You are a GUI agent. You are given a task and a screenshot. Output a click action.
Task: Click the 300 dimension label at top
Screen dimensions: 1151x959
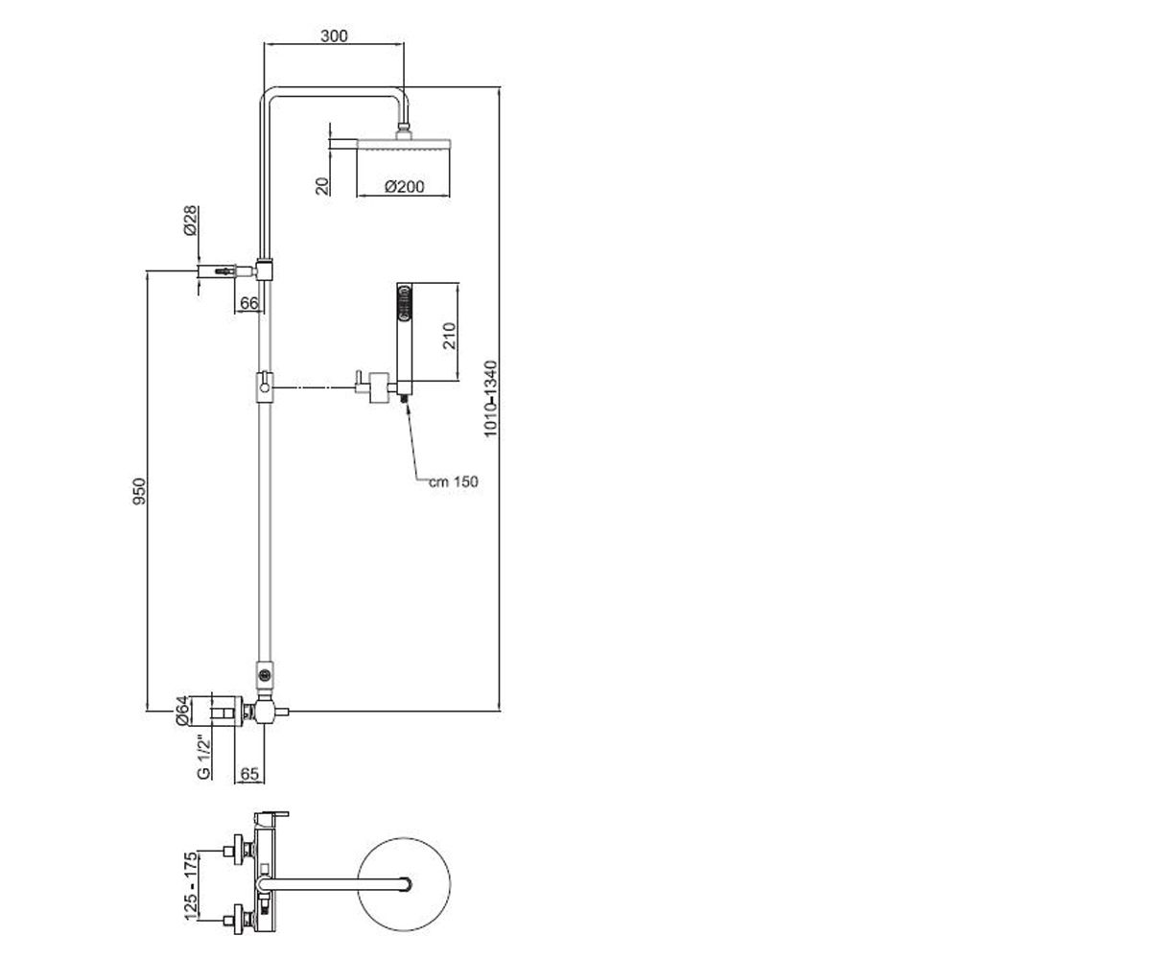pyautogui.click(x=334, y=35)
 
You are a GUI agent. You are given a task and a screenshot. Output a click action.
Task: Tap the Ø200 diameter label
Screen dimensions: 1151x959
pyautogui.click(x=405, y=186)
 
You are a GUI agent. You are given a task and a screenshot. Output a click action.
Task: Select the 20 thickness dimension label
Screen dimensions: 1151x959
pyautogui.click(x=323, y=185)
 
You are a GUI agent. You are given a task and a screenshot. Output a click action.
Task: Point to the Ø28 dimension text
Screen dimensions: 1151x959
pyautogui.click(x=190, y=221)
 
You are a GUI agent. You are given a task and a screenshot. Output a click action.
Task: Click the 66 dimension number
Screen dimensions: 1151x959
pyautogui.click(x=249, y=303)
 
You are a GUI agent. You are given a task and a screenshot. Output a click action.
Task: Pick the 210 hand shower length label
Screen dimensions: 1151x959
pyautogui.click(x=450, y=335)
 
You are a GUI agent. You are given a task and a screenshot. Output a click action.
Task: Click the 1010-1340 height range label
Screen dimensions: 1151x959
pyautogui.click(x=490, y=399)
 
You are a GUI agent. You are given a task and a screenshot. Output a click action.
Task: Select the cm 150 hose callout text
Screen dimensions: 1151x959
pyautogui.click(x=453, y=481)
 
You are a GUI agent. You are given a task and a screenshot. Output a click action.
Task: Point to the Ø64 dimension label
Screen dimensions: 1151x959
pyautogui.click(x=182, y=711)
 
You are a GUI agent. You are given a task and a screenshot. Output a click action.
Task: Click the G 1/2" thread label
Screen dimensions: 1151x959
pyautogui.click(x=203, y=757)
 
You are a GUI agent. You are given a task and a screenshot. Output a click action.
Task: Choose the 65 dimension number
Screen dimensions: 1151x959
pyautogui.click(x=249, y=774)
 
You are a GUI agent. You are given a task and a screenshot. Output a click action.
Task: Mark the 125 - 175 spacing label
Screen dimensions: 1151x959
pyautogui.click(x=191, y=886)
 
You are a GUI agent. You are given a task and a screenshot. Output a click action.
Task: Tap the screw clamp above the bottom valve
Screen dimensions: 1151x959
pyautogui.click(x=265, y=674)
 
